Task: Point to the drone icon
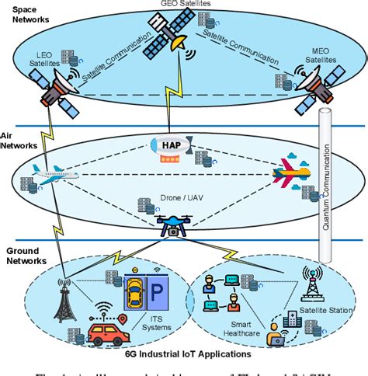point(172,224)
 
